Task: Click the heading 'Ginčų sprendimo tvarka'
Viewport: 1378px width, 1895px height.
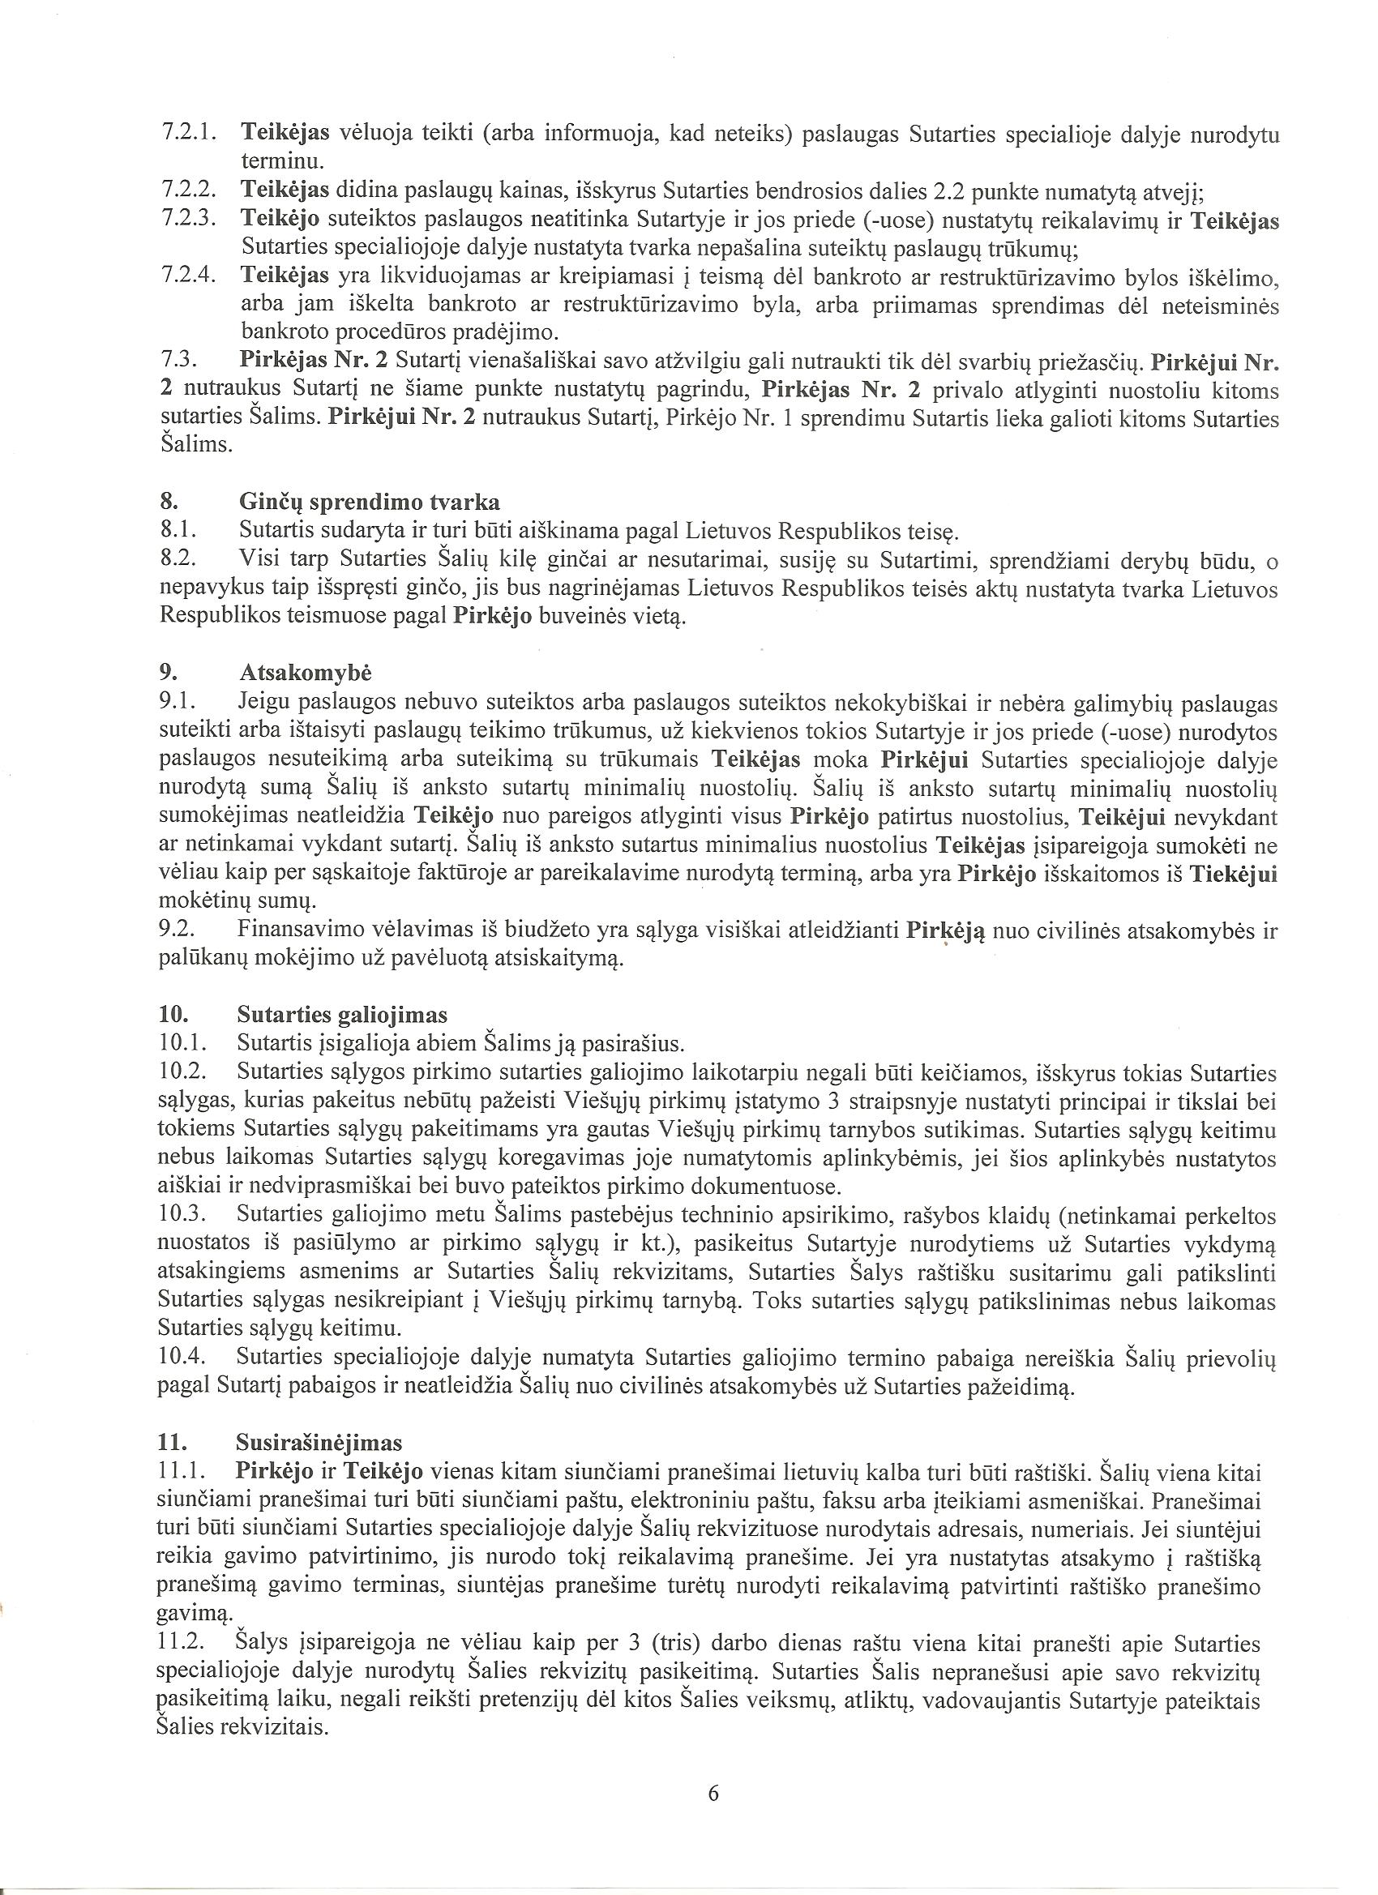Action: point(370,503)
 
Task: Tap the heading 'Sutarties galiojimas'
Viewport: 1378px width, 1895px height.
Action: point(342,1015)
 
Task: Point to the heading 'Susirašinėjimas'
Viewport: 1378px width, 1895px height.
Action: point(320,1443)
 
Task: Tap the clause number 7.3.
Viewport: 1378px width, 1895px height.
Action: point(178,361)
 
